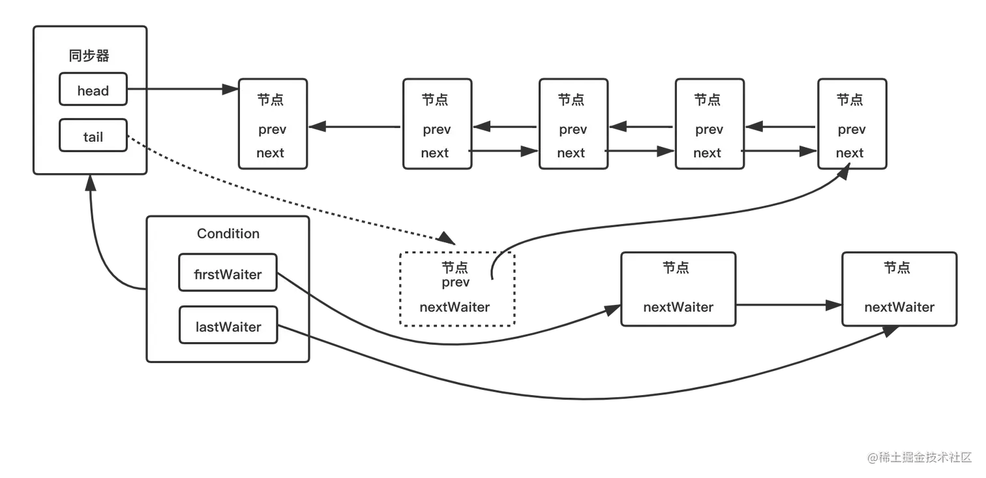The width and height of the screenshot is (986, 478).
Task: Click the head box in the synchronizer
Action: pyautogui.click(x=93, y=89)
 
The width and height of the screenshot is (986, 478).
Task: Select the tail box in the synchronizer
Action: pyautogui.click(x=93, y=136)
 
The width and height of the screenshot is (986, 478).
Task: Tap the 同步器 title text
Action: pyautogui.click(x=89, y=56)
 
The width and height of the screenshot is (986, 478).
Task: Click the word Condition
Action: pyautogui.click(x=228, y=233)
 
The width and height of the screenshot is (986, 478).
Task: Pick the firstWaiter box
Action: pyautogui.click(x=228, y=274)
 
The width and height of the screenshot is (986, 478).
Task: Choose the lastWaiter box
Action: pyautogui.click(x=228, y=326)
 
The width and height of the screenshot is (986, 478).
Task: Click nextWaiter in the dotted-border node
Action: pyautogui.click(x=455, y=307)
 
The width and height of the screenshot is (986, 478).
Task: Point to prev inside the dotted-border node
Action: pyautogui.click(x=455, y=283)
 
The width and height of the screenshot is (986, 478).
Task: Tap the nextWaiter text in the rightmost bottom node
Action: pyautogui.click(x=899, y=307)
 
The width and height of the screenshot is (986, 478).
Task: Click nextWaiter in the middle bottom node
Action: pyautogui.click(x=678, y=307)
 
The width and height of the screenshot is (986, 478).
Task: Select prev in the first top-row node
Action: pyautogui.click(x=272, y=129)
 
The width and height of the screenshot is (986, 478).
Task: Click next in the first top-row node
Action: pyautogui.click(x=270, y=153)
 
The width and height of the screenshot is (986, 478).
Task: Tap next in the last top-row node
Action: pyautogui.click(x=849, y=153)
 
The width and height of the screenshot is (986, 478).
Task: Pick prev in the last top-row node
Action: pyautogui.click(x=851, y=129)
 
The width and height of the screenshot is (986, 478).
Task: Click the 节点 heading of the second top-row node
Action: pyautogui.click(x=435, y=100)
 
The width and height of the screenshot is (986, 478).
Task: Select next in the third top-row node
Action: pyautogui.click(x=571, y=153)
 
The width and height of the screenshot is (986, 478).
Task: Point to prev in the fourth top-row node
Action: pyautogui.click(x=708, y=129)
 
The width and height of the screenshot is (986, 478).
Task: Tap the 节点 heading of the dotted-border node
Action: pyautogui.click(x=455, y=268)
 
